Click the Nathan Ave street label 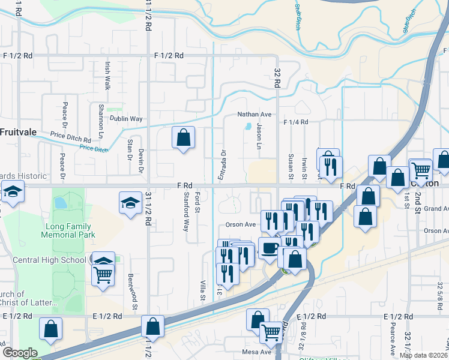255,114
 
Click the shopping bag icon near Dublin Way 184,137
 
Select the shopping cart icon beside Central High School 103,275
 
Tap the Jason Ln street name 259,137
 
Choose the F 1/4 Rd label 296,122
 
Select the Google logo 20,353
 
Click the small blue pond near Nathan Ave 248,127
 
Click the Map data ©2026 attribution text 424,355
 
